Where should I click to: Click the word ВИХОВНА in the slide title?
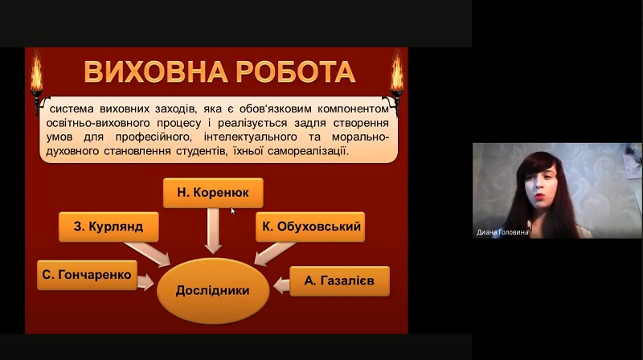click(x=155, y=72)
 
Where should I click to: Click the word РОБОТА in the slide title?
click(x=295, y=72)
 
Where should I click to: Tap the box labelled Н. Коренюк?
click(x=213, y=193)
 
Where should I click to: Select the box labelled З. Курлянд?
click(x=109, y=227)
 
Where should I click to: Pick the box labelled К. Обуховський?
click(x=310, y=227)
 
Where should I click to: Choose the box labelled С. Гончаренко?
click(x=87, y=275)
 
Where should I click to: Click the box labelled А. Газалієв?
click(x=339, y=281)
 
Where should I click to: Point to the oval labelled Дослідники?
click(x=213, y=291)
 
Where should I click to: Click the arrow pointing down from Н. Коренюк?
click(x=213, y=231)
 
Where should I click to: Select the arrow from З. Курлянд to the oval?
click(x=148, y=254)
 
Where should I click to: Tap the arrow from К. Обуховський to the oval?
click(x=275, y=253)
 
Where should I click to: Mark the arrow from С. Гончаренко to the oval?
click(x=145, y=283)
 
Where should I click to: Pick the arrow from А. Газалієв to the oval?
click(x=281, y=285)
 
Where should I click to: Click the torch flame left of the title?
click(x=36, y=74)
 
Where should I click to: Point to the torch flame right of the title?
click(x=396, y=73)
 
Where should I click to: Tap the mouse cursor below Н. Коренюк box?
click(x=233, y=211)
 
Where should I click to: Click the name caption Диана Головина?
click(x=502, y=232)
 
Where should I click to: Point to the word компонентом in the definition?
click(x=353, y=109)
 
